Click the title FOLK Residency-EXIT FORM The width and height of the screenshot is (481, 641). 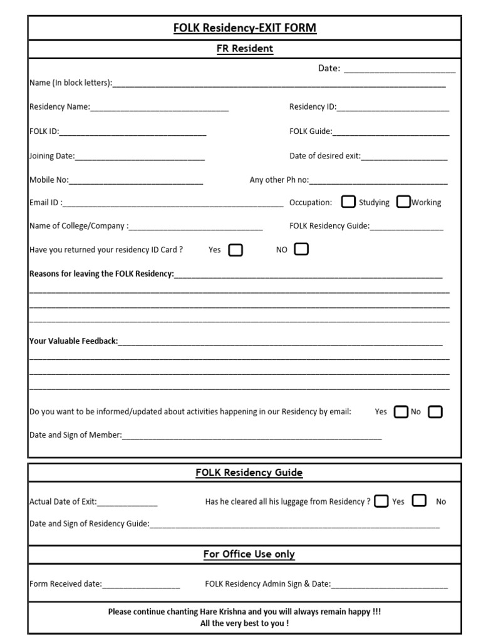point(245,28)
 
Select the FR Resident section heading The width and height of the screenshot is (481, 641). point(245,49)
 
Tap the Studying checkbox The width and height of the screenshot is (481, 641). point(348,202)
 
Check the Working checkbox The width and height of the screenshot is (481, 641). point(404,202)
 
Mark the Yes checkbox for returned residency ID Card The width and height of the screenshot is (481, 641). point(235,250)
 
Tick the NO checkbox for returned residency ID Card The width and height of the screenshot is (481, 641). point(301,249)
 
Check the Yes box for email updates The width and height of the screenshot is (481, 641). point(400,412)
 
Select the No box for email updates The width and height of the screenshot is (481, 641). point(435,412)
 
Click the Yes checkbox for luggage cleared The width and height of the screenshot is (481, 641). point(381,501)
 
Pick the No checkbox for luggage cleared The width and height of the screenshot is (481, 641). point(420,501)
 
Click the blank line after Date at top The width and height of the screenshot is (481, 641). point(399,69)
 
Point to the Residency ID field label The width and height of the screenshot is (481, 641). point(313,107)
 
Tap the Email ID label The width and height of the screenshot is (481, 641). point(46,203)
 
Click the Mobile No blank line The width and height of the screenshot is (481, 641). point(136,181)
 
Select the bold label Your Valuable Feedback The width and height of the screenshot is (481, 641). point(73,341)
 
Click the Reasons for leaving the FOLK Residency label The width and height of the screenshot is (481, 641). point(101,274)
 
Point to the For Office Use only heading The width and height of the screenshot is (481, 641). point(249,554)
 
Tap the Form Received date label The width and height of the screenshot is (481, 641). point(65,584)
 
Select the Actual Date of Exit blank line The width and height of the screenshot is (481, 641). point(127,503)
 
